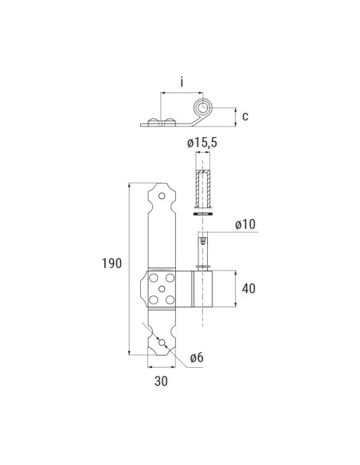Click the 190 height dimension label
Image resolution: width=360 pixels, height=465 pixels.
tap(112, 263)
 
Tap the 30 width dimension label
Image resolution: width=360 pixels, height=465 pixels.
tap(161, 381)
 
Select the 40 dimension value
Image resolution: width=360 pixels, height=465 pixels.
tap(248, 288)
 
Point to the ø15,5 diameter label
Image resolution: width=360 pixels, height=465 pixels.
tap(202, 143)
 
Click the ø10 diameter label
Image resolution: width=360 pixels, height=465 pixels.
tap(245, 225)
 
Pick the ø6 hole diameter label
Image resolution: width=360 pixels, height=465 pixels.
tap(197, 358)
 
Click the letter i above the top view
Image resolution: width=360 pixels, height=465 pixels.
tap(182, 82)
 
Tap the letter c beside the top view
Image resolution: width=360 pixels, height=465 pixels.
tap(245, 116)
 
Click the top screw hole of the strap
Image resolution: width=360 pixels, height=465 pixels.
tap(162, 196)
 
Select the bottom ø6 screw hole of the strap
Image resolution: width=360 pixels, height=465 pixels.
tap(162, 342)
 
